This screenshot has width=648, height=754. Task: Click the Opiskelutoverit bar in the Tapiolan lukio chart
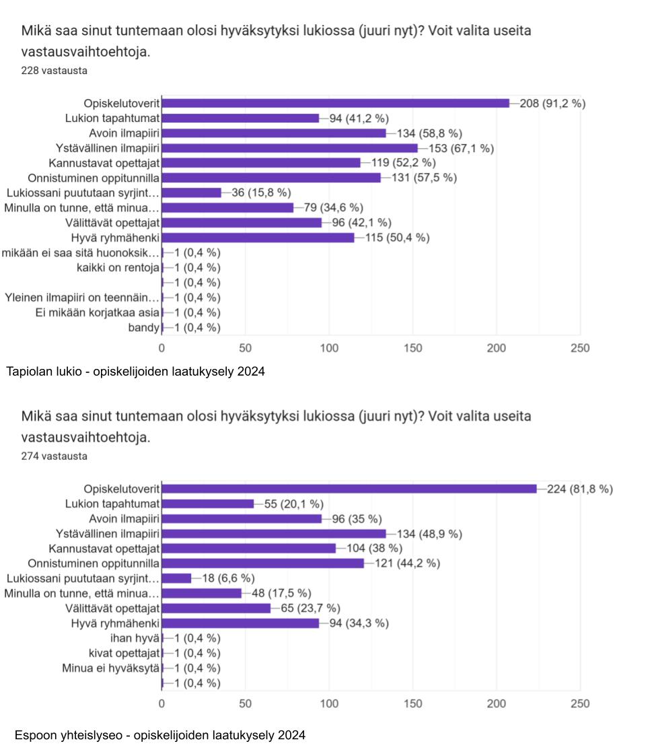[335, 103]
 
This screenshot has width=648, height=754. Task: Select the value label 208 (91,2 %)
[552, 103]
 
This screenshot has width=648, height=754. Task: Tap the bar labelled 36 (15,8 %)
[191, 193]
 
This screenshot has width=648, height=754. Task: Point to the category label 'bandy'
[143, 328]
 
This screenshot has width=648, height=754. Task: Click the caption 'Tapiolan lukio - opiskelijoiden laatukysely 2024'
[135, 372]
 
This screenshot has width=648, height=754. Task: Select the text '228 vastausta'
[54, 71]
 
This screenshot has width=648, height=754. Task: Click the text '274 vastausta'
[54, 456]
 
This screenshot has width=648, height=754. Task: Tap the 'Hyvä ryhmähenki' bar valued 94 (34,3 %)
[240, 623]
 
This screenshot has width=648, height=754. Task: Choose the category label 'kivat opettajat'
[124, 653]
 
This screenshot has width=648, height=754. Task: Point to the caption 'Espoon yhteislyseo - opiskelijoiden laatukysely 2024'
[160, 734]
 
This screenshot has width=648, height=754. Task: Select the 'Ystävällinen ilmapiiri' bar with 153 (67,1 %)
[289, 148]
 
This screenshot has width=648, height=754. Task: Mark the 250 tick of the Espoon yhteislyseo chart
[579, 704]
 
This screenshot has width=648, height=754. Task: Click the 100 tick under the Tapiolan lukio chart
[329, 348]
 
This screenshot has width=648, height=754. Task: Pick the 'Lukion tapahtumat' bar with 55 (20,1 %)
[208, 504]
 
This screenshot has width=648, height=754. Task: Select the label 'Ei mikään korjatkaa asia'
[98, 312]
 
